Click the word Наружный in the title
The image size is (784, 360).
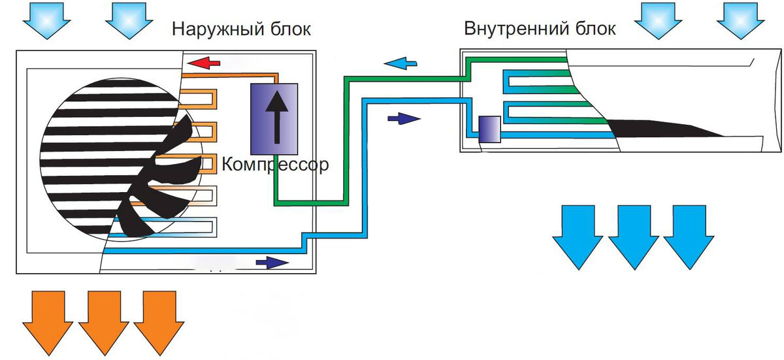click(218, 29)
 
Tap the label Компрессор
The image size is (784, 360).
click(276, 165)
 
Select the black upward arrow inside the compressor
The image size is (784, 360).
click(277, 117)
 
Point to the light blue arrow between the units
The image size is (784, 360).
click(400, 63)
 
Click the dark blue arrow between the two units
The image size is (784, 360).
click(404, 119)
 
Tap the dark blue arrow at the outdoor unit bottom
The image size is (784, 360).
click(272, 263)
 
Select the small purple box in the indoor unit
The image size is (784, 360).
click(489, 129)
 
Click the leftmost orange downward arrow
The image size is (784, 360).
click(48, 323)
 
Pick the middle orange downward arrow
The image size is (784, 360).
click(104, 323)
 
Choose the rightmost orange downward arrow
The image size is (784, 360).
click(159, 323)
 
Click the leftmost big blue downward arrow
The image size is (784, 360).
click(578, 237)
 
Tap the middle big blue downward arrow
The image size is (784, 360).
click(634, 237)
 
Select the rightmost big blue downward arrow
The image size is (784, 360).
click(689, 237)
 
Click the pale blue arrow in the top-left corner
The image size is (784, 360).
click(47, 20)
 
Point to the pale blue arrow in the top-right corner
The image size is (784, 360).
click(741, 20)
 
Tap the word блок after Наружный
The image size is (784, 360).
click(291, 29)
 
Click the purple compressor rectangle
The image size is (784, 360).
click(274, 119)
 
